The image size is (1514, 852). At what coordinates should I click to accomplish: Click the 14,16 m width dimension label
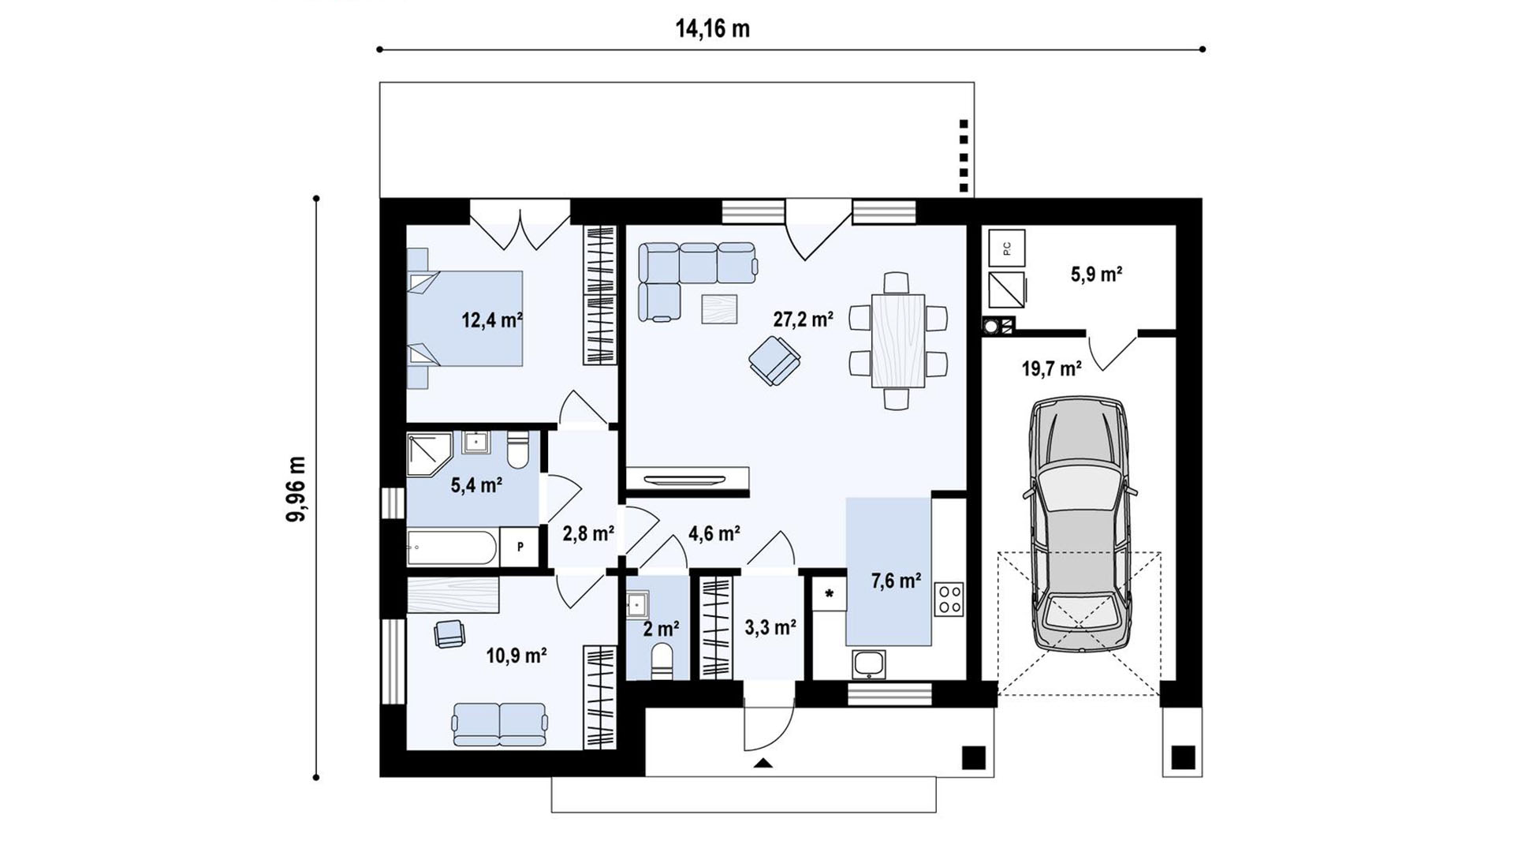(712, 29)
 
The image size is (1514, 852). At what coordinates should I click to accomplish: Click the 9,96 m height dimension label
(296, 489)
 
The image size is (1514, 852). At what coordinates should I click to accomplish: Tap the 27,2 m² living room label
(803, 319)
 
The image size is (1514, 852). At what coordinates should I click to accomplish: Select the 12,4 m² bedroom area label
(492, 320)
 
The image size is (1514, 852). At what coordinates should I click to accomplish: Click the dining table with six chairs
(898, 341)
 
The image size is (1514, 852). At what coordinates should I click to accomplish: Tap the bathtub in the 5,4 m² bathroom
(452, 548)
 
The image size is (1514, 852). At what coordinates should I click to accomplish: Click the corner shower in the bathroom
(428, 454)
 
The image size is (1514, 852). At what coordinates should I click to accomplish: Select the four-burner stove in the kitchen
(949, 599)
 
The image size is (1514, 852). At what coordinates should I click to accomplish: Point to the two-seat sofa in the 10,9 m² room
(500, 724)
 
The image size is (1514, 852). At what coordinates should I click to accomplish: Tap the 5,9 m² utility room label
(1096, 275)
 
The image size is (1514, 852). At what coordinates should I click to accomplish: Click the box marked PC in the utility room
(1007, 248)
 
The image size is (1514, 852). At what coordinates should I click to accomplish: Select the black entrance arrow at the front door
(763, 763)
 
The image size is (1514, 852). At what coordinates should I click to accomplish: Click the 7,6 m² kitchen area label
(896, 581)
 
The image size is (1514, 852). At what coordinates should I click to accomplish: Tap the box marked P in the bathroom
(520, 547)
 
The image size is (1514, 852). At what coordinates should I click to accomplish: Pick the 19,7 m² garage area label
(1052, 368)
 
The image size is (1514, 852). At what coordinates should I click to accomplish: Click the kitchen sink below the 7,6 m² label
(868, 664)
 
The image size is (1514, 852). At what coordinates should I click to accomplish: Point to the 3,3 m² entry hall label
(770, 628)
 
